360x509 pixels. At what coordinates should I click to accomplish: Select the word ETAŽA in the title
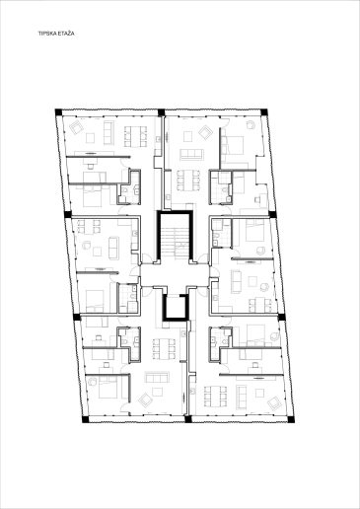(66, 34)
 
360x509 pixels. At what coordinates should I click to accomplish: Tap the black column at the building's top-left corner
(58, 112)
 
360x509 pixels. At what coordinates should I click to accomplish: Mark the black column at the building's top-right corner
(264, 112)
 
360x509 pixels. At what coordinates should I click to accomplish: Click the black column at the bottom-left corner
(85, 419)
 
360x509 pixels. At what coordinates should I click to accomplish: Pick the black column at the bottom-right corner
(291, 419)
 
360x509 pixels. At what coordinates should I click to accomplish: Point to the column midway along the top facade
(161, 112)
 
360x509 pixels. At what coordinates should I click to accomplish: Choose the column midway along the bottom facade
(188, 419)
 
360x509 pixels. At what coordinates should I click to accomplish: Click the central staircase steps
(175, 240)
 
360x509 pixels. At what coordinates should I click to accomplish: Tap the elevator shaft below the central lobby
(176, 307)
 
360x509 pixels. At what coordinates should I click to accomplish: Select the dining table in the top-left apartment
(135, 136)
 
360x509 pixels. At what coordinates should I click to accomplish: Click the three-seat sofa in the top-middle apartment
(191, 155)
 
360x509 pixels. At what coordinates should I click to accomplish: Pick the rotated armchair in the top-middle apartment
(205, 132)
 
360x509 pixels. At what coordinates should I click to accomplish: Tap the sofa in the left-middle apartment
(114, 248)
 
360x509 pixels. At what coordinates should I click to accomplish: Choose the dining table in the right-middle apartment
(259, 305)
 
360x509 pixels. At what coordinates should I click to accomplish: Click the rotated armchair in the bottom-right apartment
(274, 403)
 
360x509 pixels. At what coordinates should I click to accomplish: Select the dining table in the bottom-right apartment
(215, 397)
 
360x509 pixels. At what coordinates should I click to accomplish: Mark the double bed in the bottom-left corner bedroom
(108, 387)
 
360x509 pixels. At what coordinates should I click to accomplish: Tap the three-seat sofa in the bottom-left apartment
(157, 377)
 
